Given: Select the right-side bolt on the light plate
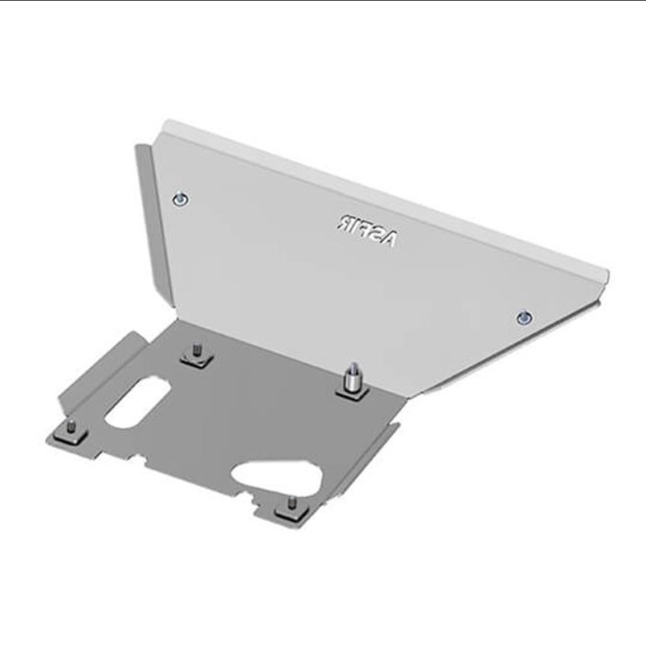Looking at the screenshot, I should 525,316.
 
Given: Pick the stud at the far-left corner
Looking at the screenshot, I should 70,430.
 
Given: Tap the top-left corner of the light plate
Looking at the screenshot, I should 165,124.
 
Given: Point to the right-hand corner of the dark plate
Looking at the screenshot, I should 398,423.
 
